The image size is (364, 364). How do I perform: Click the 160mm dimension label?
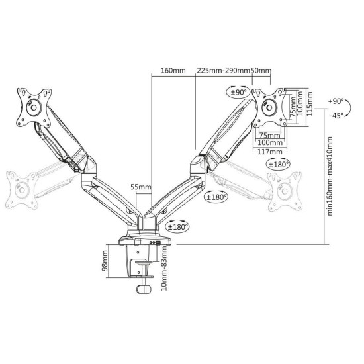173,71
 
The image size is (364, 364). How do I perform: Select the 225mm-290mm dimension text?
222,71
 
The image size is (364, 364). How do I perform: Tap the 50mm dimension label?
261,71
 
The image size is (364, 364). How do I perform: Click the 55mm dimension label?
140,187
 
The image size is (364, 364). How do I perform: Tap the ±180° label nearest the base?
177,227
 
